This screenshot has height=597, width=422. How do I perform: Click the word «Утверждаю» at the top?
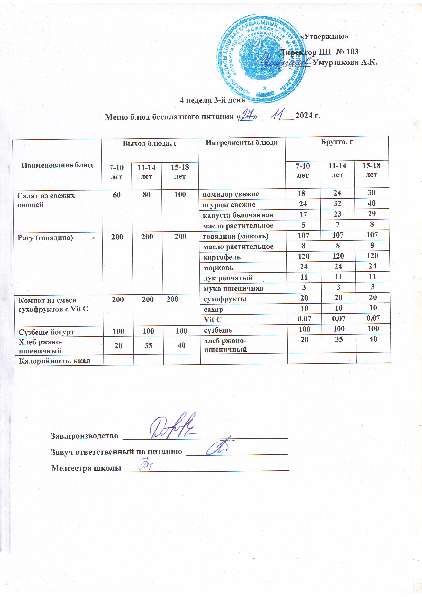324,36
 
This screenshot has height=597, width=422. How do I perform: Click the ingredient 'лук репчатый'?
228,278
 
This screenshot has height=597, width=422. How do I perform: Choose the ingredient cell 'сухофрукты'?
225,299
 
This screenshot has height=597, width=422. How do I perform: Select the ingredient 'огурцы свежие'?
229,205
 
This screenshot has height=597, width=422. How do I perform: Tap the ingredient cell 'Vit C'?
213,320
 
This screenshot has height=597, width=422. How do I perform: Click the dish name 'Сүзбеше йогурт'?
46,332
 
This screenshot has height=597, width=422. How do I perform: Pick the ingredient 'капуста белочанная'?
238,215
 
